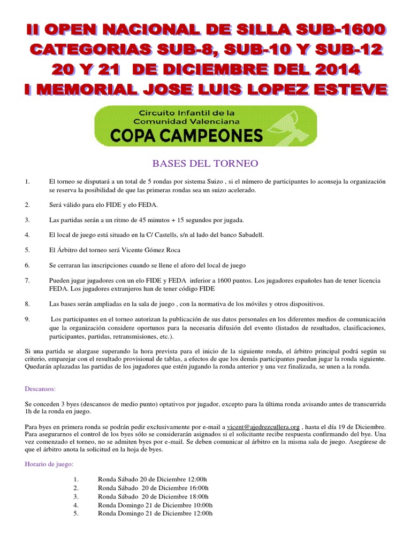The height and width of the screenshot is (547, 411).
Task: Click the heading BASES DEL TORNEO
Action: pyautogui.click(x=205, y=163)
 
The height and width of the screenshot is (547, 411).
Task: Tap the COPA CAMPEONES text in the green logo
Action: pyautogui.click(x=187, y=136)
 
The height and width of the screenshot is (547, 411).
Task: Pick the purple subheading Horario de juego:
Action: pyautogui.click(x=49, y=465)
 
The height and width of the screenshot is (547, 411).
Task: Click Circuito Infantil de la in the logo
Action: pyautogui.click(x=187, y=113)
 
